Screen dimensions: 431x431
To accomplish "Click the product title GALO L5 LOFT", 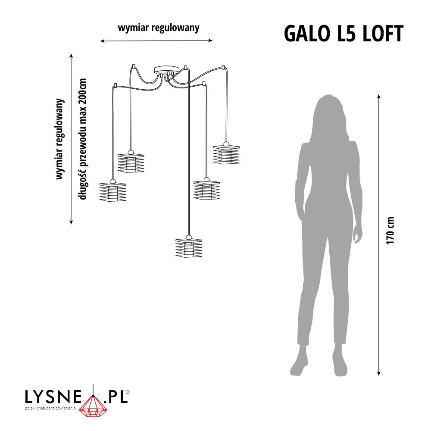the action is [x=344, y=33].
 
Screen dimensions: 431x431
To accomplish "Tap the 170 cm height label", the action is [x=390, y=230].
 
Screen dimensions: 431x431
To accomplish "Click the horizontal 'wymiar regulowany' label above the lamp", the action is [x=159, y=28].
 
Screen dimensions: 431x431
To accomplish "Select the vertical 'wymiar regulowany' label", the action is [x=60, y=139].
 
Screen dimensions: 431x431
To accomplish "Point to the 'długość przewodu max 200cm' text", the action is [x=83, y=139].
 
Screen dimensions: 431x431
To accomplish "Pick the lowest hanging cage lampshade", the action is [x=189, y=247].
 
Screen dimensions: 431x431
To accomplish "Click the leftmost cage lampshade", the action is [x=112, y=190].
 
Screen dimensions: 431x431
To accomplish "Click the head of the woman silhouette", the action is [x=329, y=108].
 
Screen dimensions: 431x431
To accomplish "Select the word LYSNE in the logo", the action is [x=53, y=397].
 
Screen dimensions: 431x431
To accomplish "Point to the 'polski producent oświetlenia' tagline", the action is [x=50, y=409].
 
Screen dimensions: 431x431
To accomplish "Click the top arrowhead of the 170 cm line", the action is [x=378, y=96].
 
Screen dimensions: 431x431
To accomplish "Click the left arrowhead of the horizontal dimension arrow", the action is [x=102, y=41].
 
